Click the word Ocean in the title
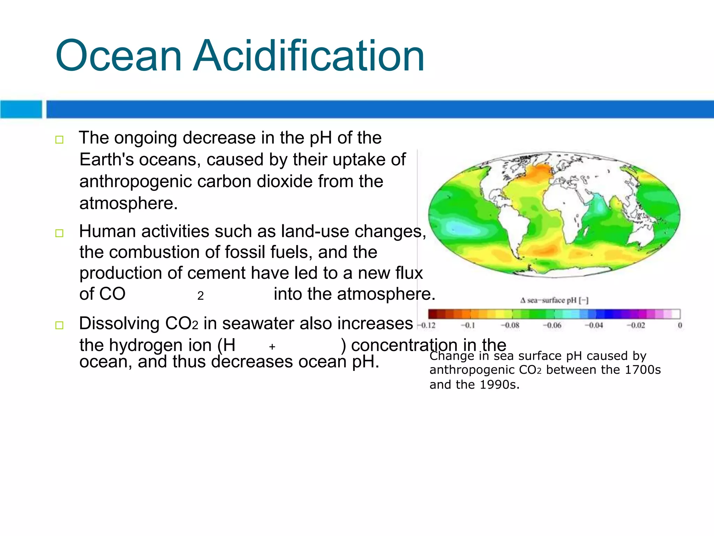(x=119, y=56)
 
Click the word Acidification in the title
(x=309, y=56)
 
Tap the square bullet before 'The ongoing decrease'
(x=59, y=140)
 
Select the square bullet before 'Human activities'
(x=59, y=233)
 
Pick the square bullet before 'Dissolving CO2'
(x=59, y=325)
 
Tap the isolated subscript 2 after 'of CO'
(x=200, y=296)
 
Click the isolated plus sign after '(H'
(x=272, y=347)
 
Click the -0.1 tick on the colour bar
(x=468, y=326)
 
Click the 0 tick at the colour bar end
(x=680, y=326)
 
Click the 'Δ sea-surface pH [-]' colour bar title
(x=554, y=300)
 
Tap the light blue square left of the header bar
(x=21, y=109)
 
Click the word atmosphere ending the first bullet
(x=128, y=203)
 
